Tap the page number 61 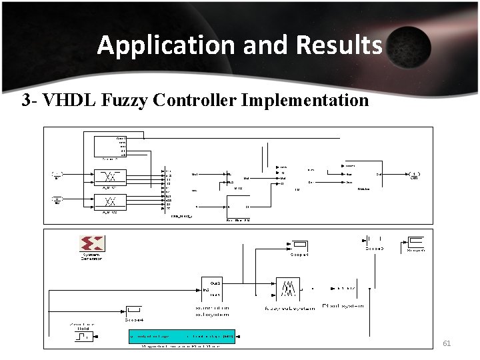(x=447, y=343)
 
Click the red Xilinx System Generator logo (x=91, y=244)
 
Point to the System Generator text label (x=91, y=257)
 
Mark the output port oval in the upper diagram (x=414, y=175)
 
